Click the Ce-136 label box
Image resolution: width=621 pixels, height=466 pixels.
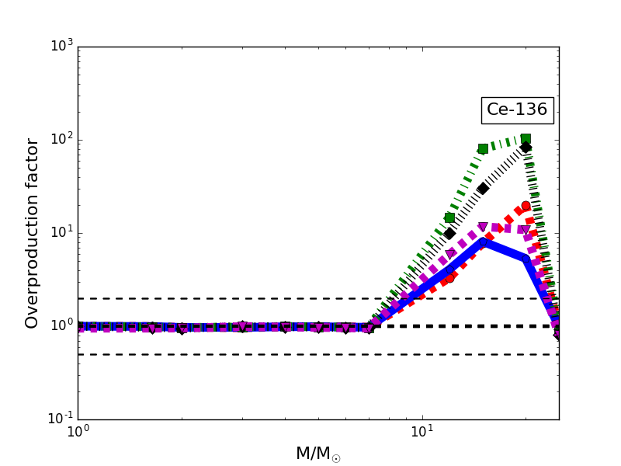tap(517, 110)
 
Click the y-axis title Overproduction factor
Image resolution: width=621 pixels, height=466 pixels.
tap(33, 233)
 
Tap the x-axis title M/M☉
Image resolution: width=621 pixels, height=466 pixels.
tap(317, 454)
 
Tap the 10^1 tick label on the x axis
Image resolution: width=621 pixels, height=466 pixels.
tap(422, 433)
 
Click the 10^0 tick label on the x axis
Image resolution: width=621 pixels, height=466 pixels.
tap(78, 433)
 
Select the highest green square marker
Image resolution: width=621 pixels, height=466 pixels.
tap(526, 139)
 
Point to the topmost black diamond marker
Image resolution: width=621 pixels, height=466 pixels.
tap(526, 148)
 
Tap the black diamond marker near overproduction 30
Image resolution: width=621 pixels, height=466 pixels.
tap(483, 189)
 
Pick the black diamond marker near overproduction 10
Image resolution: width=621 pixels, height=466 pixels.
tap(449, 233)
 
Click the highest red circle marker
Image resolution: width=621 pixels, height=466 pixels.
tap(526, 206)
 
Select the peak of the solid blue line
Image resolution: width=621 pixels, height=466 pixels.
tap(483, 242)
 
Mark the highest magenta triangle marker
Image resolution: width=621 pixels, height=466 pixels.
tap(483, 228)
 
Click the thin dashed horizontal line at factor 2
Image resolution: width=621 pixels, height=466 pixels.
tap(233, 298)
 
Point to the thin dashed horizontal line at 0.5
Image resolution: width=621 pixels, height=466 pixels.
tap(233, 354)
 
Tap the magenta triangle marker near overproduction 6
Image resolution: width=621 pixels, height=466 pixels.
tap(451, 254)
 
